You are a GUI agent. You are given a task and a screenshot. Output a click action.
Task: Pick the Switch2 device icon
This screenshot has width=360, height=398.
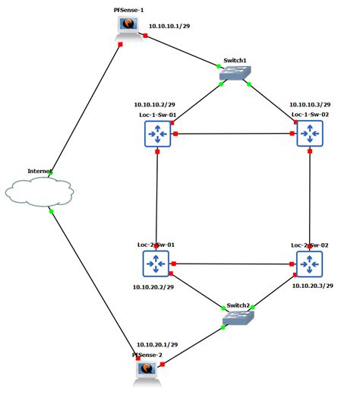pyautogui.click(x=239, y=318)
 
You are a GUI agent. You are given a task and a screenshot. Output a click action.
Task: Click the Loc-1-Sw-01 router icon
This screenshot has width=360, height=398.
pyautogui.click(x=156, y=134)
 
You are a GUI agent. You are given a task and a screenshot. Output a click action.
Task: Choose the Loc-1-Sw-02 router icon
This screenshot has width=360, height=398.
pyautogui.click(x=310, y=134)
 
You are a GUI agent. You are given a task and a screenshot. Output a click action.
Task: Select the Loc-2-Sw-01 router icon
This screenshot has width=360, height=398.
pyautogui.click(x=156, y=264)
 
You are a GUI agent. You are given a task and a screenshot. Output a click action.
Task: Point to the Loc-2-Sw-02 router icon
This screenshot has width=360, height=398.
pyautogui.click(x=310, y=264)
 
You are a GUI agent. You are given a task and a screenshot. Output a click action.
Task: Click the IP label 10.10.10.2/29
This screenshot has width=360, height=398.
pyautogui.click(x=155, y=104)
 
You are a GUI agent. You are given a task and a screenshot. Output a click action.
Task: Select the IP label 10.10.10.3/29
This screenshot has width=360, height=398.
pyautogui.click(x=310, y=104)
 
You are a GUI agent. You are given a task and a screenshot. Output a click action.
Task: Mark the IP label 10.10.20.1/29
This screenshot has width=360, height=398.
pyautogui.click(x=157, y=344)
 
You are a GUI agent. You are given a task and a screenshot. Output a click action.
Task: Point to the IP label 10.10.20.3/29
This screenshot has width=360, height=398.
pyautogui.click(x=313, y=287)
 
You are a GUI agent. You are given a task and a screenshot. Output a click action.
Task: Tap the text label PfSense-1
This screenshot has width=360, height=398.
pyautogui.click(x=128, y=6)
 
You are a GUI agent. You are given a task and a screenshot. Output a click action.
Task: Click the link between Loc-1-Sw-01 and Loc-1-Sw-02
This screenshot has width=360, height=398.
pyautogui.click(x=233, y=134)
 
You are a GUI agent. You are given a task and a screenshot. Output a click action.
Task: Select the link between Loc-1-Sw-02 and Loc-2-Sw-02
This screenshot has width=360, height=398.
pyautogui.click(x=310, y=199)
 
